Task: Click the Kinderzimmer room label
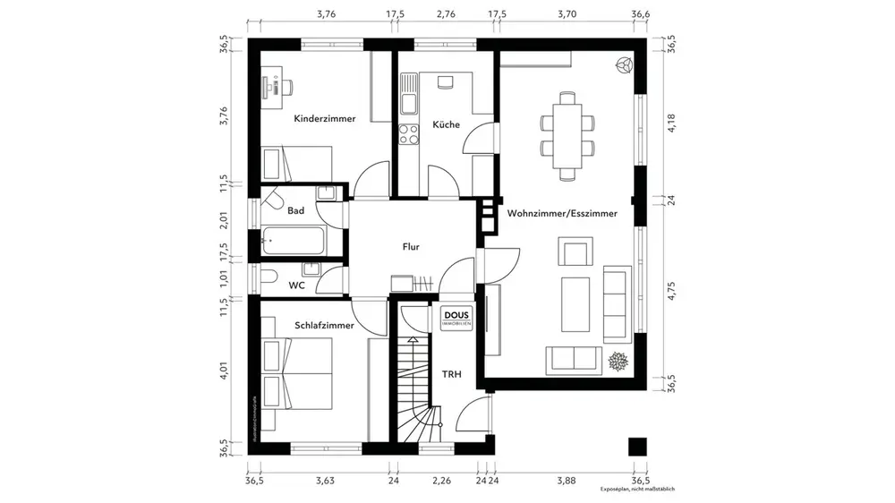tap(324, 118)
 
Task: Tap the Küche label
tap(446, 124)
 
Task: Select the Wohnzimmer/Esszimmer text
tap(562, 214)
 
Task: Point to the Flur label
tap(411, 247)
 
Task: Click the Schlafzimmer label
tap(324, 326)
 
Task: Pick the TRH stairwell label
tap(452, 374)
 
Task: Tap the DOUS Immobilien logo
tap(457, 318)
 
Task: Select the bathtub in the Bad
tap(294, 240)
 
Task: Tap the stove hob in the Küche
tap(408, 134)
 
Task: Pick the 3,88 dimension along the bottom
tap(565, 480)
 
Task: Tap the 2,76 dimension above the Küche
tap(446, 14)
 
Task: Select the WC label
tap(296, 286)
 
